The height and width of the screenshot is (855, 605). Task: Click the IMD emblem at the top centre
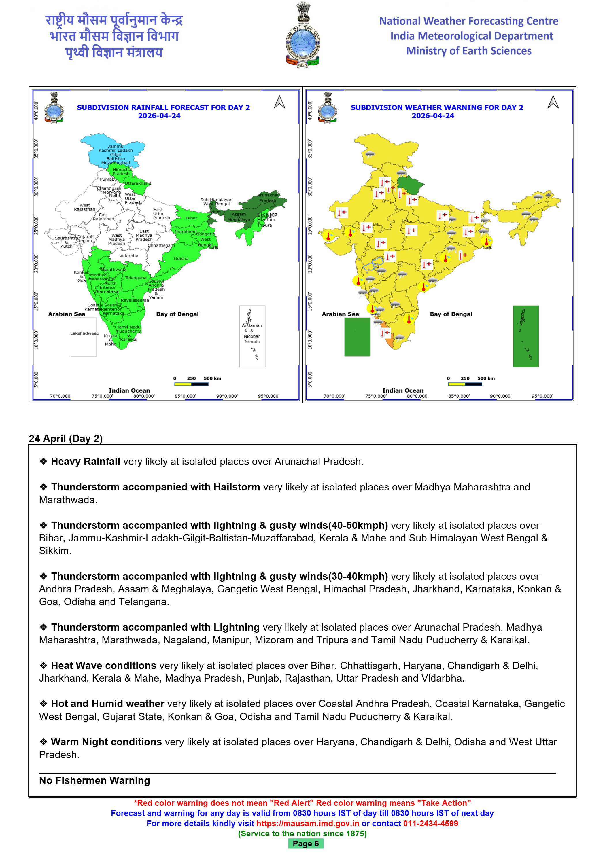[302, 35]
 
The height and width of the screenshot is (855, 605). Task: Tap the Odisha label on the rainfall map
[181, 258]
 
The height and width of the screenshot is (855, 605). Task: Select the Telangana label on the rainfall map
[136, 278]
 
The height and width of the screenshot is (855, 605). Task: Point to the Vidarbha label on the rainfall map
[128, 256]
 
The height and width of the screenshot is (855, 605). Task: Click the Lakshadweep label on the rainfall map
[85, 333]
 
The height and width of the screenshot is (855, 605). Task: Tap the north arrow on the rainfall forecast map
[279, 102]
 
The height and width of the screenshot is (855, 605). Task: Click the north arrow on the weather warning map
[553, 102]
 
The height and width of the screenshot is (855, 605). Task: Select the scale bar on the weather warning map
[465, 384]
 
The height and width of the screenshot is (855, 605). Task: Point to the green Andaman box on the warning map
[526, 336]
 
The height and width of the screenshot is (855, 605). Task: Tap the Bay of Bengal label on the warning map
[451, 314]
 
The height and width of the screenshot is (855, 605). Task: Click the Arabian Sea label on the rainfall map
[67, 314]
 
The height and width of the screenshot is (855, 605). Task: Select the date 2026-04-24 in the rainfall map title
[159, 116]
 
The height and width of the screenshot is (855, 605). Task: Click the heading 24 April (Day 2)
[66, 438]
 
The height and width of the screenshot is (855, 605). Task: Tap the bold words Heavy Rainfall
[85, 461]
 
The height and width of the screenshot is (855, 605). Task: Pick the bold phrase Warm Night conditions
[106, 742]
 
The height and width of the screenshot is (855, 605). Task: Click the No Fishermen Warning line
[94, 780]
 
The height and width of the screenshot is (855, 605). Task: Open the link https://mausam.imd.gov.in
[307, 823]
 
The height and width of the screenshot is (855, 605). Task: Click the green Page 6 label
[305, 843]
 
